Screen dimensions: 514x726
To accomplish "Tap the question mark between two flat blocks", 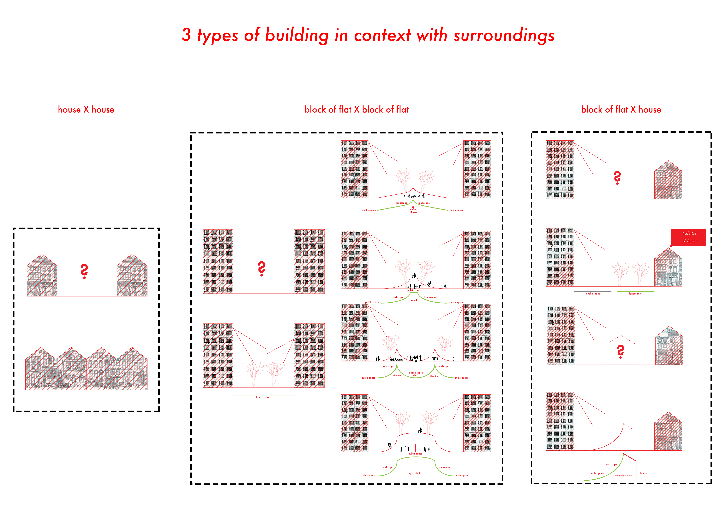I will tap(262, 269).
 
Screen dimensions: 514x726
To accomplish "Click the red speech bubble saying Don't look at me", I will tap(689, 237).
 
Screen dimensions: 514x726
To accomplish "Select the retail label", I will tap(414, 300).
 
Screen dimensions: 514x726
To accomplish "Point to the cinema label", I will tap(397, 376).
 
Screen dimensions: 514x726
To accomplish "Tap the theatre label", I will tap(434, 376).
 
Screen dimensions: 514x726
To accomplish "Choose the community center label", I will tap(622, 475).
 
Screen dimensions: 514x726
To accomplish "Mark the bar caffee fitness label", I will tap(414, 210).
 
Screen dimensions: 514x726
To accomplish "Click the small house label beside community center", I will tap(643, 473).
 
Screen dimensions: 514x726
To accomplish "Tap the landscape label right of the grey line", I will tap(635, 294).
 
